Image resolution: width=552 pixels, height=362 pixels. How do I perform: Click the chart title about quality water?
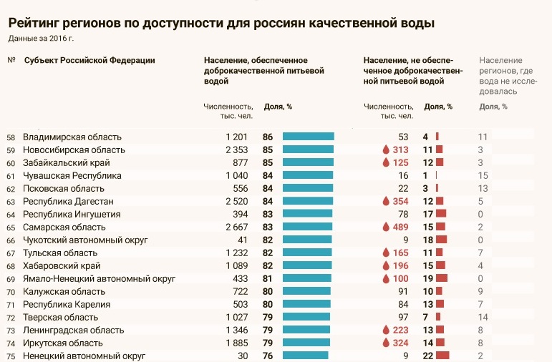[x=221, y=23]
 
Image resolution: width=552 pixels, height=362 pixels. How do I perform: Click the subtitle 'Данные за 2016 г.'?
[x=41, y=38]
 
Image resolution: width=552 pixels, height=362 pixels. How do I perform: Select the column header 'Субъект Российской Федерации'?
[x=89, y=60]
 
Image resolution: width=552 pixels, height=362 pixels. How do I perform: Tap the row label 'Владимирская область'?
[x=72, y=137]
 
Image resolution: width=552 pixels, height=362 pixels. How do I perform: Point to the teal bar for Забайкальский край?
[x=308, y=162]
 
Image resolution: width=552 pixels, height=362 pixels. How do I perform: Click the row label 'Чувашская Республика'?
[x=72, y=175]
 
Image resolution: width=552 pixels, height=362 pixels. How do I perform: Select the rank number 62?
[x=10, y=189]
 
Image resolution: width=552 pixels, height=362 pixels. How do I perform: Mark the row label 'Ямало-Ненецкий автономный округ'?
[x=98, y=278]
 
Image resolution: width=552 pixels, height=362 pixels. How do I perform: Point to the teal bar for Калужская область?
[x=306, y=291]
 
